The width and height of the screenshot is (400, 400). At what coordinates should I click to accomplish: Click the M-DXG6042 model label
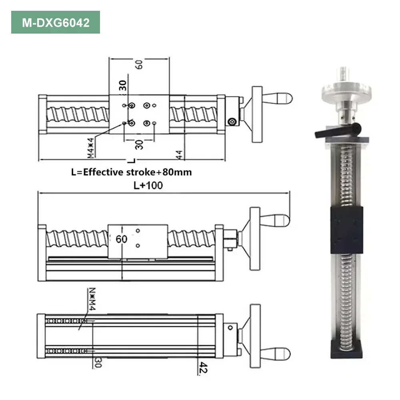(55, 22)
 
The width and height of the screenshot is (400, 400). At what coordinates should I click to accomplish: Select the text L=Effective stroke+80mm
(131, 172)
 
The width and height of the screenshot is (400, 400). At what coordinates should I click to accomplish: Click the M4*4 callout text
(91, 148)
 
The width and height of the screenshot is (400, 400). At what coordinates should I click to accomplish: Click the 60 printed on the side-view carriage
(121, 239)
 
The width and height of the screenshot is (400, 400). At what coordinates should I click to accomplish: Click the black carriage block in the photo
(346, 230)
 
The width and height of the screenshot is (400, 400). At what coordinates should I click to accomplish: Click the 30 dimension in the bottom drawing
(96, 362)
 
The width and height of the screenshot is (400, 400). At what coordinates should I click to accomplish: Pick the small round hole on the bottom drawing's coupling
(230, 328)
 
